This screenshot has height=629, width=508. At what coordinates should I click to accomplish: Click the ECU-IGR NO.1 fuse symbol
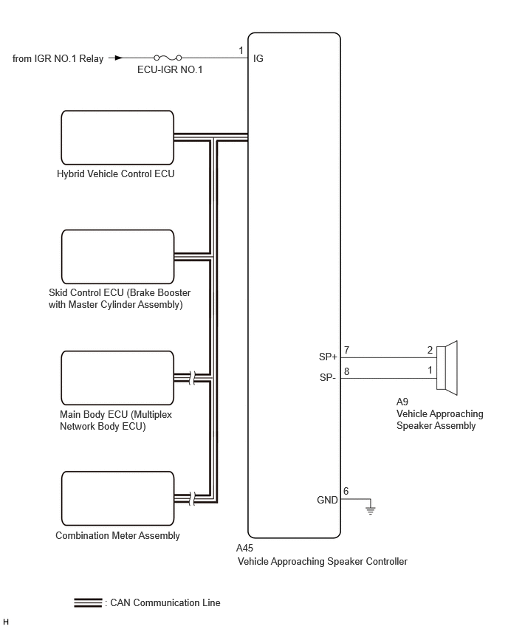pyautogui.click(x=168, y=58)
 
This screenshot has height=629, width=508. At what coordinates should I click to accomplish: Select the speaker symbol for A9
pyautogui.click(x=447, y=368)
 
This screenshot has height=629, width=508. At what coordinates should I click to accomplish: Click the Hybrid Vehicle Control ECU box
pyautogui.click(x=117, y=137)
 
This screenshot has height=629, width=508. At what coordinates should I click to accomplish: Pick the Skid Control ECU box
pyautogui.click(x=117, y=257)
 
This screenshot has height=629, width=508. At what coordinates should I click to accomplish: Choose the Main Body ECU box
pyautogui.click(x=117, y=378)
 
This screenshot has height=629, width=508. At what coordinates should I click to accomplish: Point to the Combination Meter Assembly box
pyautogui.click(x=117, y=498)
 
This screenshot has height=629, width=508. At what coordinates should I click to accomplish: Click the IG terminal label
pyautogui.click(x=258, y=58)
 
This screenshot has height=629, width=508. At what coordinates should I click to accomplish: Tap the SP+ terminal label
pyautogui.click(x=328, y=357)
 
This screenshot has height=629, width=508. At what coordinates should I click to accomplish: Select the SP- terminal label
pyautogui.click(x=327, y=377)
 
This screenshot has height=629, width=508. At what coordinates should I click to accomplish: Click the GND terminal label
pyautogui.click(x=327, y=500)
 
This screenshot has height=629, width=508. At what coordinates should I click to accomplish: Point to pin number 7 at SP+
pyautogui.click(x=347, y=350)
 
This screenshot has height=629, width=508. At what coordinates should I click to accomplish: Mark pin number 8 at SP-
pyautogui.click(x=347, y=371)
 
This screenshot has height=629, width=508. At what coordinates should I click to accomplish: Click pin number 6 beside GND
pyautogui.click(x=346, y=491)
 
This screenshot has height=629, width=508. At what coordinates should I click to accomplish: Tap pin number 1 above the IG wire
pyautogui.click(x=241, y=50)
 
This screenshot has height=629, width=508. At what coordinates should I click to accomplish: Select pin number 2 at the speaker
pyautogui.click(x=430, y=350)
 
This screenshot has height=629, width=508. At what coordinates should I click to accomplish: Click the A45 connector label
pyautogui.click(x=244, y=548)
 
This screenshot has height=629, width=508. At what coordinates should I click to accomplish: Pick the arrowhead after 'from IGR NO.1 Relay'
pyautogui.click(x=117, y=58)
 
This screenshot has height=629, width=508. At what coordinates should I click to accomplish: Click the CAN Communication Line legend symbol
pyautogui.click(x=88, y=602)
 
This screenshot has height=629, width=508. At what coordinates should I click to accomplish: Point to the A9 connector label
pyautogui.click(x=402, y=402)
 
